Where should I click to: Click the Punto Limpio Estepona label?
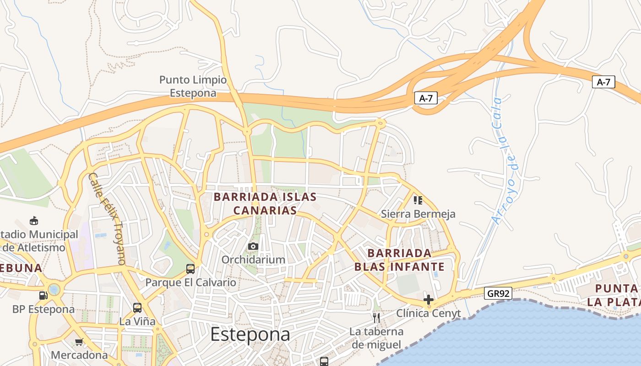click(x=193, y=86)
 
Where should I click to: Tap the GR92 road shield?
click(x=498, y=293)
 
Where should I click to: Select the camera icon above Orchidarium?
click(x=253, y=247)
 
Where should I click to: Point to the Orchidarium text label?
click(x=253, y=259)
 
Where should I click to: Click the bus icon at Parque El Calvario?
click(x=190, y=269)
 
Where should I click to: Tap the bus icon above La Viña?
click(x=137, y=307)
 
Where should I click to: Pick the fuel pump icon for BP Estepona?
click(x=43, y=296)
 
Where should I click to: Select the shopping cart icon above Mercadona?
click(x=79, y=342)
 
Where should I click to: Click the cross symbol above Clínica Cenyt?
click(x=429, y=300)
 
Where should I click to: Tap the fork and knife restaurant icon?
click(x=376, y=318)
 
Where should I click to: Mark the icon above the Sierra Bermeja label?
click(x=418, y=200)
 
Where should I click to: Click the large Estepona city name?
click(x=250, y=334)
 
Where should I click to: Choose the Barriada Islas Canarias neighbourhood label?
click(x=265, y=204)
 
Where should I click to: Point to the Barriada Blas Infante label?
click(x=399, y=260)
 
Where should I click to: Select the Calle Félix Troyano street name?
click(x=107, y=219)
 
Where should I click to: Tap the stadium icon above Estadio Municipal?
click(x=34, y=221)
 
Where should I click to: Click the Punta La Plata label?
click(x=614, y=295)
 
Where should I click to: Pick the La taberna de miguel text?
click(x=377, y=338)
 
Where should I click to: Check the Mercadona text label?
click(x=79, y=355)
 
